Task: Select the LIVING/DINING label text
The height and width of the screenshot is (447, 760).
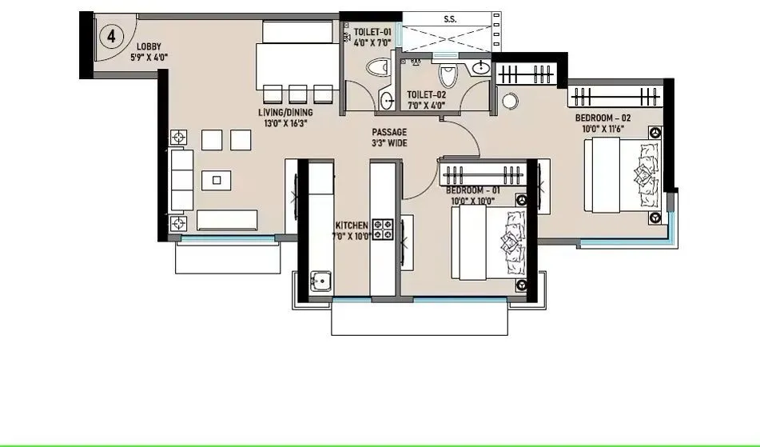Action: pyautogui.click(x=284, y=114)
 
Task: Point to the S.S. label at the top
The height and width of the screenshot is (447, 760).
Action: pyautogui.click(x=450, y=18)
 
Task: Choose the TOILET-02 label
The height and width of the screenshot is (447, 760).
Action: pyautogui.click(x=426, y=94)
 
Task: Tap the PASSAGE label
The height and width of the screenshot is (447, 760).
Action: pyautogui.click(x=389, y=132)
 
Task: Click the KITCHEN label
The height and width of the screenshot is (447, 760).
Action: pyautogui.click(x=351, y=225)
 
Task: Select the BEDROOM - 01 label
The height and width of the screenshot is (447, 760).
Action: pyautogui.click(x=473, y=191)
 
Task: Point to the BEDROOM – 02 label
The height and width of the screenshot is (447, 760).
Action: pyautogui.click(x=603, y=118)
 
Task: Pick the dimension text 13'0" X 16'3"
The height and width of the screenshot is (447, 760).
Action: pyautogui.click(x=284, y=124)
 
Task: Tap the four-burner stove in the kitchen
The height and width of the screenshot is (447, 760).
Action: pyautogui.click(x=384, y=229)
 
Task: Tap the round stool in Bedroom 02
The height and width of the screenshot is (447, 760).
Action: pyautogui.click(x=511, y=102)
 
